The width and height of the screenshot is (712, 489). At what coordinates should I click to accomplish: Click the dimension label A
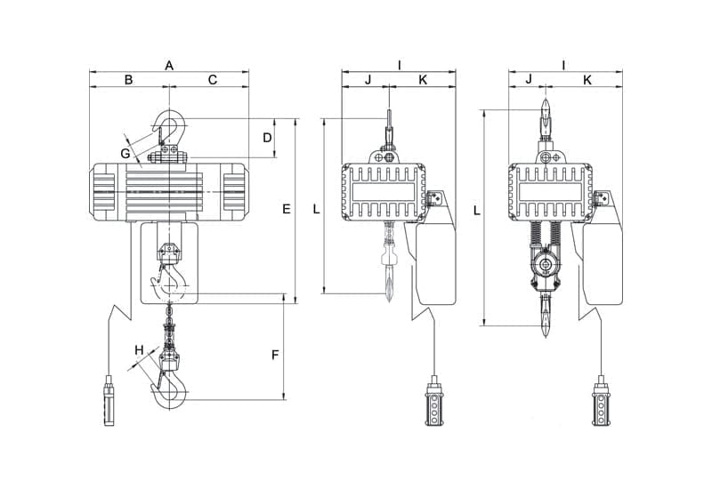(x=169, y=65)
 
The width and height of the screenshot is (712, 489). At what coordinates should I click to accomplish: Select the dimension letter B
(x=128, y=80)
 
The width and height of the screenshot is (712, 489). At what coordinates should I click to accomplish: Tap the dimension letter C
(x=213, y=80)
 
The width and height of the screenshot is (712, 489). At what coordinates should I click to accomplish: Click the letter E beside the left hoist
(x=286, y=209)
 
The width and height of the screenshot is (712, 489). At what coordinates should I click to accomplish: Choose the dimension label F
(x=275, y=355)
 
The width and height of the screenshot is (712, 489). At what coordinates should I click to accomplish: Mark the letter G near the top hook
(x=126, y=154)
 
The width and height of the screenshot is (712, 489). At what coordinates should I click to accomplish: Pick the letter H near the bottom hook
(x=138, y=350)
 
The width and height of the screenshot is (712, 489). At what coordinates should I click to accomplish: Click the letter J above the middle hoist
(x=368, y=80)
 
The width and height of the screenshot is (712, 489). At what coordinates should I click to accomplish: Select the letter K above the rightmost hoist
(x=587, y=80)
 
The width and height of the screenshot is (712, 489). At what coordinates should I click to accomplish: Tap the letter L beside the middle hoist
(x=316, y=209)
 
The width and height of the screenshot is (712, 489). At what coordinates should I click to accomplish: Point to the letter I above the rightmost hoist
(x=564, y=65)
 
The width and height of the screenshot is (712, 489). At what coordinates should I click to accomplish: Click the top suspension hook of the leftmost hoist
(x=169, y=129)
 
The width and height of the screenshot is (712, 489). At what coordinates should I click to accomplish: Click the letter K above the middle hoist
(x=423, y=80)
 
